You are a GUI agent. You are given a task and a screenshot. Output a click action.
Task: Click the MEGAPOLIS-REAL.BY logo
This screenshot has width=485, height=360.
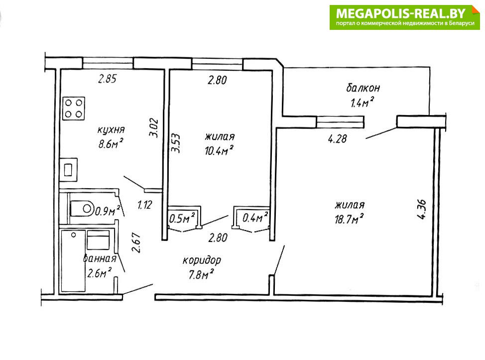pos(404,17)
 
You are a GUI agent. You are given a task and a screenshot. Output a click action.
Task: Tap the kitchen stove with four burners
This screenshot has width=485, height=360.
pos(74,109)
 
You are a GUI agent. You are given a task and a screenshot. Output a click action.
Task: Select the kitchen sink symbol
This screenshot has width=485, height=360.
pos(68,169)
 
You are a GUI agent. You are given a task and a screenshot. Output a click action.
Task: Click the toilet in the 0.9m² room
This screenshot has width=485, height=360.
pos(82,209)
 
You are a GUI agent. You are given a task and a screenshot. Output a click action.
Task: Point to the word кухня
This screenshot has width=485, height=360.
pos(111,129)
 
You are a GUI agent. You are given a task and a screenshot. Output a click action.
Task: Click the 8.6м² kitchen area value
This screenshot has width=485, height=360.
pos(111,143)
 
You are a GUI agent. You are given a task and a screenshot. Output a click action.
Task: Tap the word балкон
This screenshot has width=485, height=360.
pos(363,88)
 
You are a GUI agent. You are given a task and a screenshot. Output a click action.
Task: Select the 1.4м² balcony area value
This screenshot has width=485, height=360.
pos(362,102)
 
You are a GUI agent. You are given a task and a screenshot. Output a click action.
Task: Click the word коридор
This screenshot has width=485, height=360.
pos(202,260)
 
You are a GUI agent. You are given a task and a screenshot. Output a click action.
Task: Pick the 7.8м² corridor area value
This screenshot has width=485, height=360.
pos(201,274)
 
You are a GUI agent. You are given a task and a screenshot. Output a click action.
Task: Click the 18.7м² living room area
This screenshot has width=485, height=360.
pos(349,219)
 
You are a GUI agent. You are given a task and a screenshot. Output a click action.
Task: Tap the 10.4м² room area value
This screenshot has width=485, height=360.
pos(219,150)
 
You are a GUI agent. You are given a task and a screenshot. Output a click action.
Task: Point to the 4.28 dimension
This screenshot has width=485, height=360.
pos(337,138)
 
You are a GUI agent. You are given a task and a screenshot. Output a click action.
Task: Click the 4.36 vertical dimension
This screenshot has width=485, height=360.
pos(422,210)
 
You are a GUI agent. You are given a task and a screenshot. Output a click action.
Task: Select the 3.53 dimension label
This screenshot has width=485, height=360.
pos(175,143)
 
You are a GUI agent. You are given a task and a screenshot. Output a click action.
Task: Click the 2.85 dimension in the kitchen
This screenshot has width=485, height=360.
pos(108,79)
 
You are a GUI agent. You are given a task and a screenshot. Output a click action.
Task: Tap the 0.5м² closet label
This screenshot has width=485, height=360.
pos(182,219)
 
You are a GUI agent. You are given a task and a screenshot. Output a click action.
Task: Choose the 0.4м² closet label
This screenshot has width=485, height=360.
pos(255,218)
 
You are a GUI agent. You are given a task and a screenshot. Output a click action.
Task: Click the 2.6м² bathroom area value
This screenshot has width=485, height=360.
pos(99,273)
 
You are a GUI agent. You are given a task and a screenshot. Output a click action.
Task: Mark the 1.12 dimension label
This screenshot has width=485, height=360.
pos(144,205)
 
